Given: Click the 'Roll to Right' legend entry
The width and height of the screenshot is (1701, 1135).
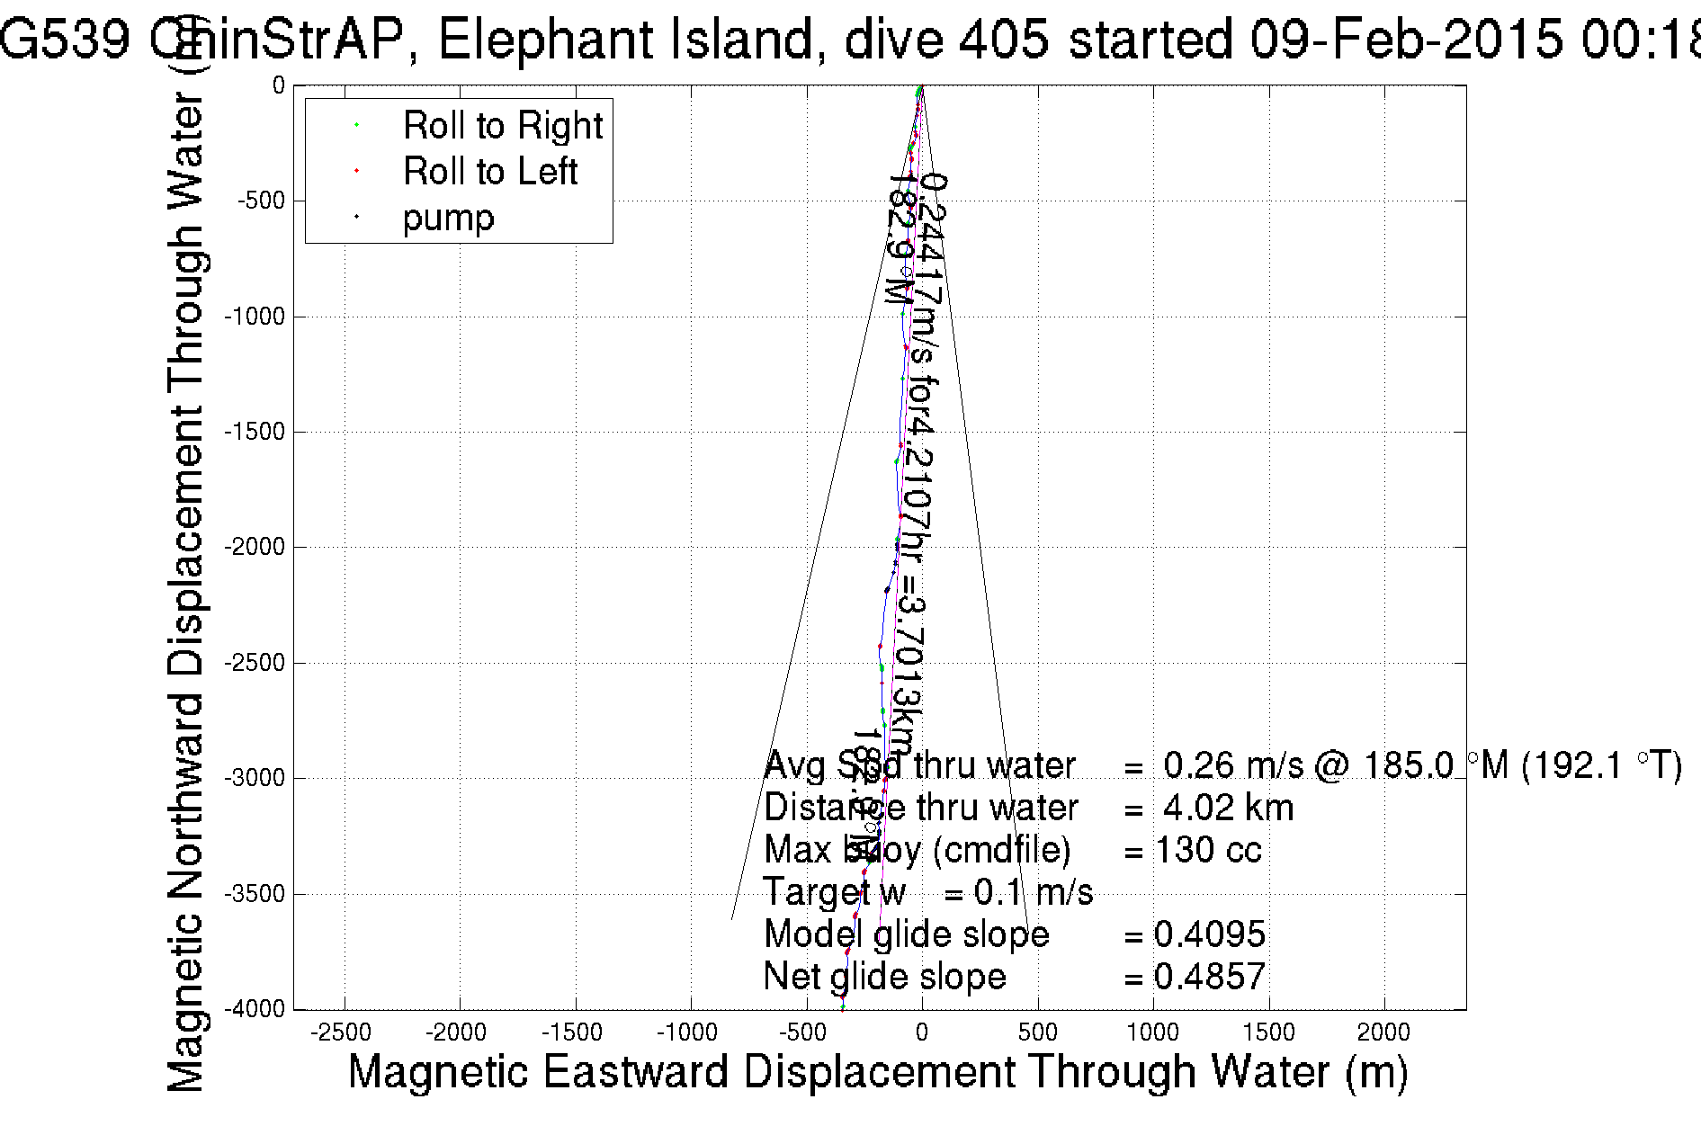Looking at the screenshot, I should (502, 125).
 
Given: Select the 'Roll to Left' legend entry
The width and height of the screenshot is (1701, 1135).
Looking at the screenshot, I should (489, 171).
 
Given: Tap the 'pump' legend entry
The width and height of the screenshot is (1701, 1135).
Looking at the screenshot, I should (448, 218).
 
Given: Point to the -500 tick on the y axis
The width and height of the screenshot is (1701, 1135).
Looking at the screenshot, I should (261, 201).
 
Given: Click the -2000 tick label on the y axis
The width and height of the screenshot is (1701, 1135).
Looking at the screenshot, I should (255, 547).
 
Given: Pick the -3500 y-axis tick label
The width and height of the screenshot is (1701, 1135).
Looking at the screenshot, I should (255, 894).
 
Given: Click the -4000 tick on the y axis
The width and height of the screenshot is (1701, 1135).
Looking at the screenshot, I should (255, 1009).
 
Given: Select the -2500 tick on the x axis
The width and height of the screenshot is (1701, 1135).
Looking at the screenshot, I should (345, 1032).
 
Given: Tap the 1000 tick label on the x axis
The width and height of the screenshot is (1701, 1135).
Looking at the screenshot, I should (1152, 1032).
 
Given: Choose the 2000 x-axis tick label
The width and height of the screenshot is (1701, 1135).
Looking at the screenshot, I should (1383, 1032).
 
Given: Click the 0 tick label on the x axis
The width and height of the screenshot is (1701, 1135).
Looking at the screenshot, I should (922, 1032).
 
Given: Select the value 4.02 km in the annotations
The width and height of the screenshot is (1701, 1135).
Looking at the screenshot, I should (1228, 808).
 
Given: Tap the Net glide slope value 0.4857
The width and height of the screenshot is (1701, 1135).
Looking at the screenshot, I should (1209, 976).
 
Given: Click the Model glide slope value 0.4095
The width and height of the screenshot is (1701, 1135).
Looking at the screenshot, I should (1209, 934).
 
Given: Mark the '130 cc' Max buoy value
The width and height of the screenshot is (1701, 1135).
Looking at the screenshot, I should (1208, 850).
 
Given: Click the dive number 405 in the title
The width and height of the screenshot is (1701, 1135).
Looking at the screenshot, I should (1002, 40).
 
